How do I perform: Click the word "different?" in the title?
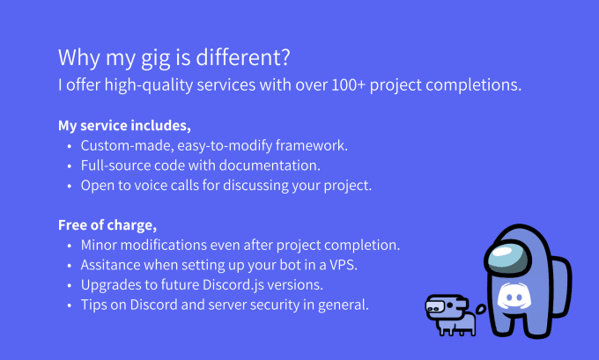(243, 57)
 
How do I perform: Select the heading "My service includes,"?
(124, 126)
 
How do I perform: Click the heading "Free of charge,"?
(107, 225)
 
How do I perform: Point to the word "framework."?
(311, 145)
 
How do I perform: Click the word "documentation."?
(270, 165)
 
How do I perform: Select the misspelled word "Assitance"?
(110, 265)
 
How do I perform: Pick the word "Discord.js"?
(233, 285)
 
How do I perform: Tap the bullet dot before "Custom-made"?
(69, 146)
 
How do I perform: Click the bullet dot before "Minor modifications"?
(69, 246)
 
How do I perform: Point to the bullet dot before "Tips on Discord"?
(69, 305)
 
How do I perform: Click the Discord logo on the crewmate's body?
(514, 296)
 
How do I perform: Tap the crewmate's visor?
(507, 256)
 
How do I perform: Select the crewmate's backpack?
(561, 286)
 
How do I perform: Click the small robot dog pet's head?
(446, 306)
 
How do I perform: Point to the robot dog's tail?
(481, 309)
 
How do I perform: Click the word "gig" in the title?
(156, 58)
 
